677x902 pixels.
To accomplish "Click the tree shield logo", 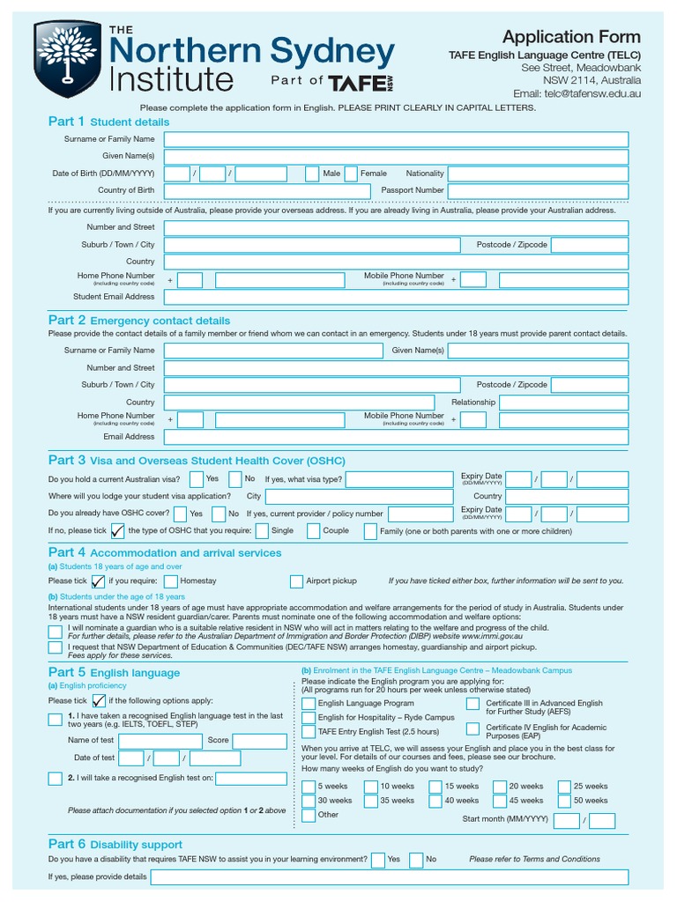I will pos(68,60).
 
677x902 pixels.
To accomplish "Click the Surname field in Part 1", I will pos(396,139).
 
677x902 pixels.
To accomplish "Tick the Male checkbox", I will pos(311,174).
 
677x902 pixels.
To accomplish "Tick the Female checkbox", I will pos(351,174).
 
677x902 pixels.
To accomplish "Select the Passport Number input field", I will pos(538,190).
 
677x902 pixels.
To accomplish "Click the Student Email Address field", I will pos(396,297).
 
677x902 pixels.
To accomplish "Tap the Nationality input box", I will pos(538,174).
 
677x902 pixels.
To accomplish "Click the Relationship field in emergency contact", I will pos(564,402).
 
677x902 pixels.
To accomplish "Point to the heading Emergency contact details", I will pos(160,321).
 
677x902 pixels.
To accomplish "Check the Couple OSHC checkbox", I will pos(313,531).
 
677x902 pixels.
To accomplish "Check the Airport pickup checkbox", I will pos(296,581).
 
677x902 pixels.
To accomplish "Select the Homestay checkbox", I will pos(170,581).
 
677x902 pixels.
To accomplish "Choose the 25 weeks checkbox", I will pos(563,787).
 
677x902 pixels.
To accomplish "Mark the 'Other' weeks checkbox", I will pos(308,815).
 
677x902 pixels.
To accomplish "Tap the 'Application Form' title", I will pos(571,37).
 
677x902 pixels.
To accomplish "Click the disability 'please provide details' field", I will pos(389,877).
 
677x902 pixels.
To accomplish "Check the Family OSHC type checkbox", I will pos(369,531).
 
